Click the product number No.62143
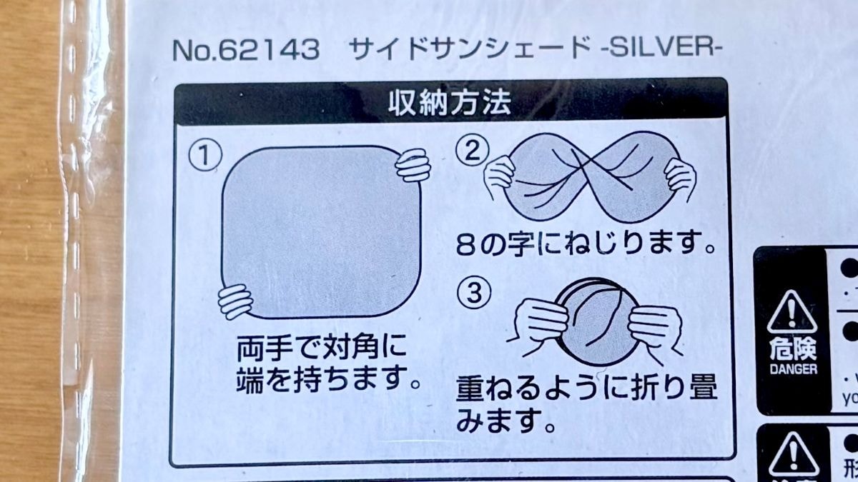[245, 50]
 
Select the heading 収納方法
[449, 104]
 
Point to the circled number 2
[473, 151]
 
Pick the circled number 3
[473, 293]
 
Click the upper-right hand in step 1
[413, 165]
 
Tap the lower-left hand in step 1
[236, 301]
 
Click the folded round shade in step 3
[595, 318]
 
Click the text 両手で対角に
[321, 350]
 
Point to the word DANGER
[793, 370]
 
